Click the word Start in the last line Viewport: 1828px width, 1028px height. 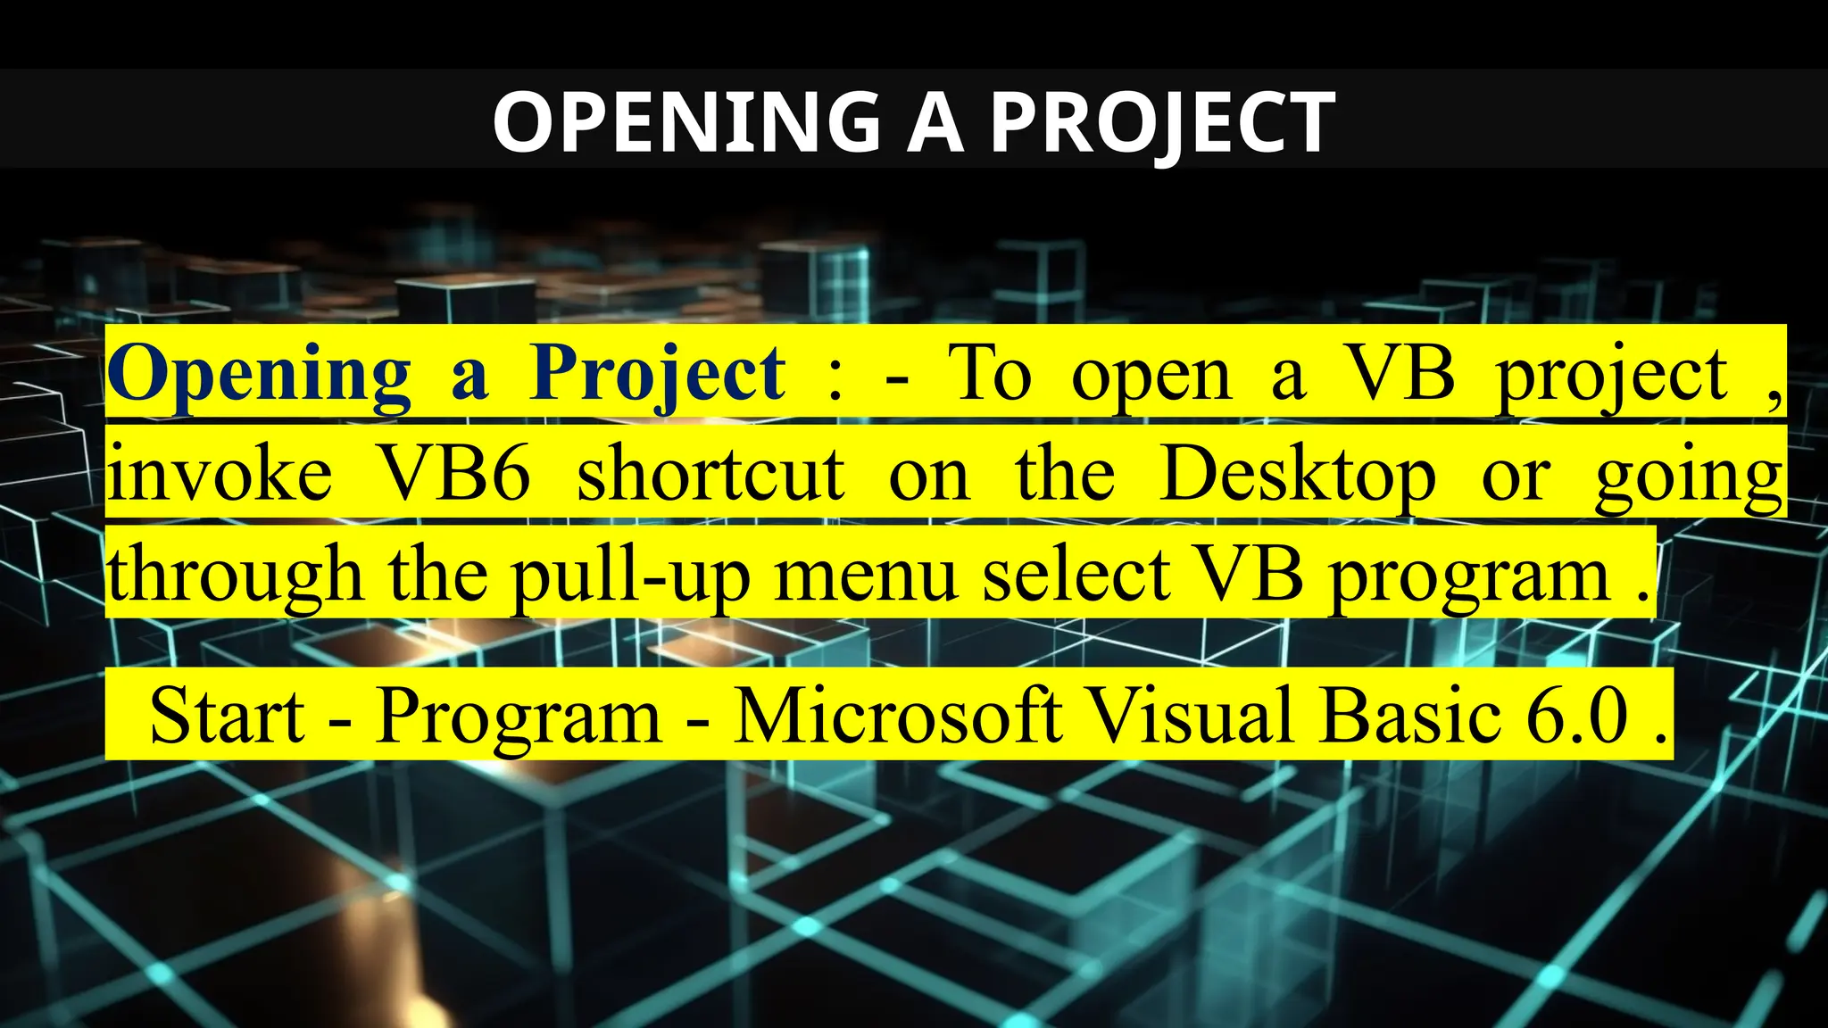(227, 716)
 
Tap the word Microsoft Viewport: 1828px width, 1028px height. (898, 716)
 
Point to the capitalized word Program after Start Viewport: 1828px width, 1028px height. (519, 716)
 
